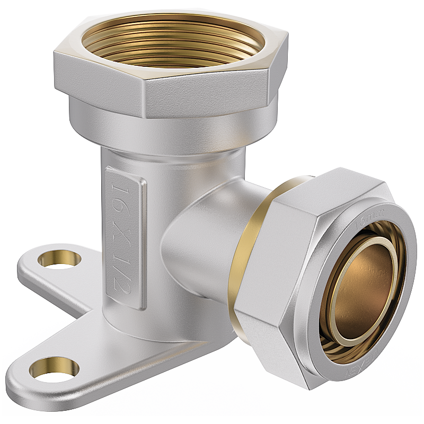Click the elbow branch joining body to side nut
coord(207,233)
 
